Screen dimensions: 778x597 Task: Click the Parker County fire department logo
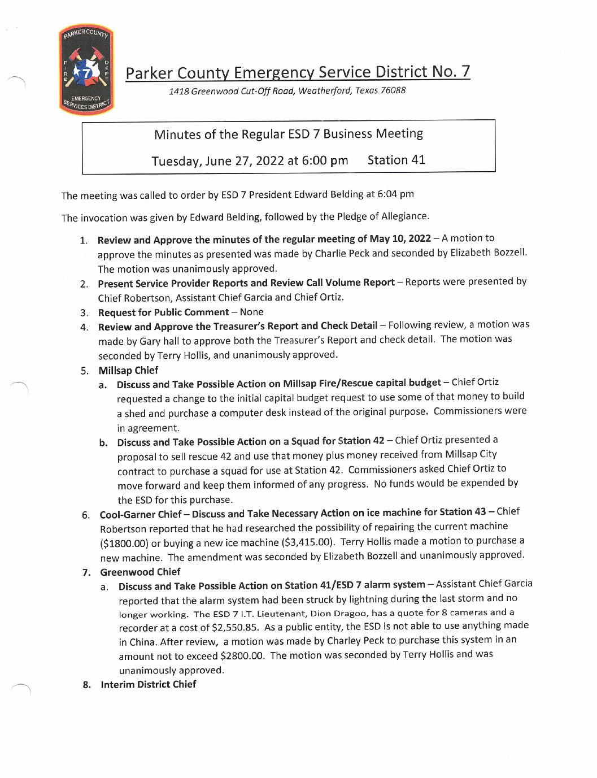tap(86, 69)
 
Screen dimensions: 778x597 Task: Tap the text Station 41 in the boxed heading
tap(396, 160)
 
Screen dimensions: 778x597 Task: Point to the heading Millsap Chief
tap(128, 371)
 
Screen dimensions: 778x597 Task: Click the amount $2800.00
tap(242, 656)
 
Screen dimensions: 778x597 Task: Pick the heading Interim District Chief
tap(149, 685)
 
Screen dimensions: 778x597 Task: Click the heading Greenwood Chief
tap(140, 572)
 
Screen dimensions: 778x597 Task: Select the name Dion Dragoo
tap(338, 613)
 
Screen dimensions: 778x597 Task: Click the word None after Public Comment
tap(251, 312)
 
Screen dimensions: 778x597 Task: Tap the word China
tap(142, 642)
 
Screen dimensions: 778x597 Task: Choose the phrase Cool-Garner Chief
tap(141, 515)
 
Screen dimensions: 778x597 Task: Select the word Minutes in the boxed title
tap(177, 134)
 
